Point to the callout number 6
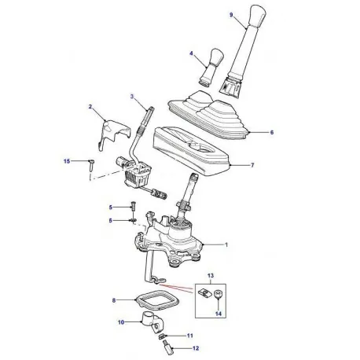click(272, 133)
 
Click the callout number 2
click(90, 106)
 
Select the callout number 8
click(115, 301)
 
